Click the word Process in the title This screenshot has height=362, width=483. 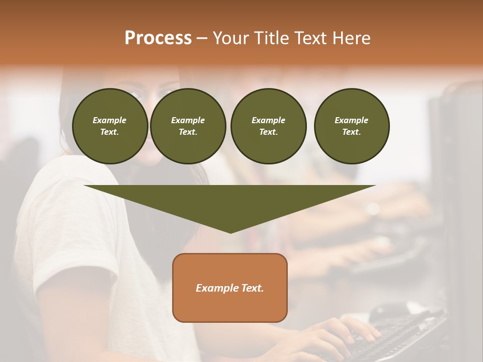(x=158, y=38)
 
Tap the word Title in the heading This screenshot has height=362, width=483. (x=270, y=38)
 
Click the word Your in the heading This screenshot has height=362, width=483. (x=230, y=38)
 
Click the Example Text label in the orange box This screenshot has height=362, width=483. (x=229, y=288)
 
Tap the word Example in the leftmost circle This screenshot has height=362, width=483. (x=110, y=120)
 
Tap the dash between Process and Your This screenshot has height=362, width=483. (x=202, y=38)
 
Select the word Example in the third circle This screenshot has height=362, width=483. (x=268, y=120)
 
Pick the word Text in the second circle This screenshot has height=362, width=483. (x=187, y=132)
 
